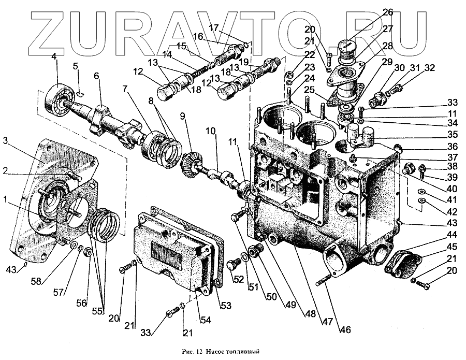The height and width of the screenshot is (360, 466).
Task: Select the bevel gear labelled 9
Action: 193,162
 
